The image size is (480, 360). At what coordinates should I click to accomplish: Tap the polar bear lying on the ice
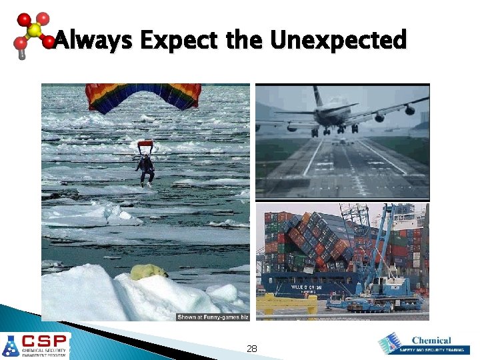click(x=148, y=272)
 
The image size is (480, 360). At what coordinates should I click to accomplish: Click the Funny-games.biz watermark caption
click(x=212, y=317)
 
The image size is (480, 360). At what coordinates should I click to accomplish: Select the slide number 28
click(x=252, y=348)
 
